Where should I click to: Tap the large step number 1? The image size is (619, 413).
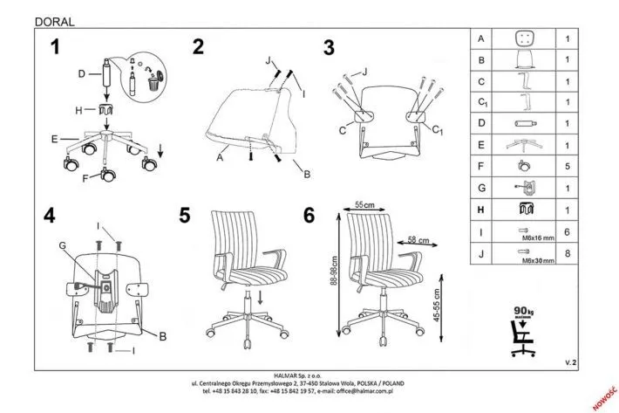tap(57, 49)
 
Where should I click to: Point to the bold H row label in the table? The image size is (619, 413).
tap(480, 209)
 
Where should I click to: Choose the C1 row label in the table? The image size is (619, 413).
tap(481, 102)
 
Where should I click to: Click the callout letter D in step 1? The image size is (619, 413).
tap(79, 74)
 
